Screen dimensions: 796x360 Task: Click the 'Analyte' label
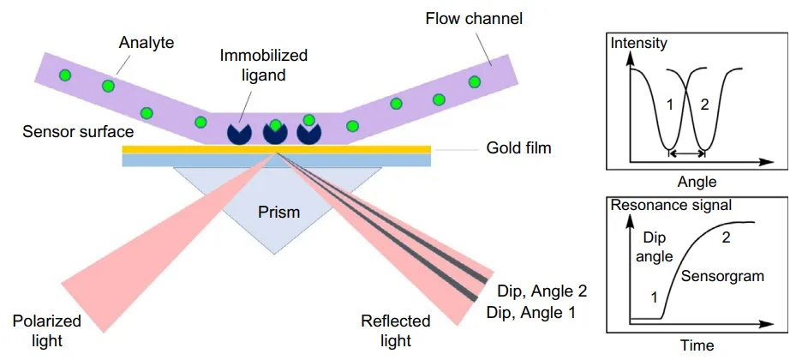click(147, 43)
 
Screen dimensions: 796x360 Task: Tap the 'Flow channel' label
click(474, 20)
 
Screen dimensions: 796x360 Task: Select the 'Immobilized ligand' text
click(263, 65)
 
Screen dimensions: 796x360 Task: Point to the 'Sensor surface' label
click(78, 132)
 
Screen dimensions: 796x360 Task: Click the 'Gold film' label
click(518, 149)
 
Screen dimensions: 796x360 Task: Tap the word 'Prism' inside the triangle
click(278, 211)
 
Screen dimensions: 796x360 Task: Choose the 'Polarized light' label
click(47, 330)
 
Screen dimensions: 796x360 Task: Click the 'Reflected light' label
click(396, 330)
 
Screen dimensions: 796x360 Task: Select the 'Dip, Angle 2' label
click(542, 291)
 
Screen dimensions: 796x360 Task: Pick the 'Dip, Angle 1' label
click(531, 312)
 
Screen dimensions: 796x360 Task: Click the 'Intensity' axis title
click(638, 43)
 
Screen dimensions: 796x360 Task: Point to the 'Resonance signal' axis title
click(671, 205)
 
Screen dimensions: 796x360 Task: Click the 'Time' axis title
click(697, 345)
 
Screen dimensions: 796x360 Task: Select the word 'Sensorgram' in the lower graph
click(722, 276)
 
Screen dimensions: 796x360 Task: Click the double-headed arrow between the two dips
click(686, 153)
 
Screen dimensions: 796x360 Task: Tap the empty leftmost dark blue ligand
click(239, 133)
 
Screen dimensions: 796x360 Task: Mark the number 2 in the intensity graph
click(704, 105)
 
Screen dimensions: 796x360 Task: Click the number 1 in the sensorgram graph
click(655, 298)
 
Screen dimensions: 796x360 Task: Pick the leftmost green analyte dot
click(64, 75)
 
